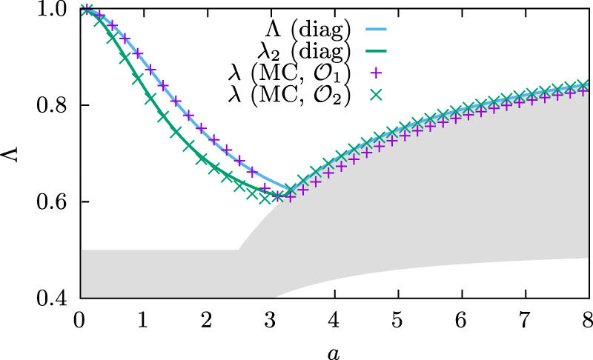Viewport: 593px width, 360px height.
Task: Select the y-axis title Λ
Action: (x=14, y=153)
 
